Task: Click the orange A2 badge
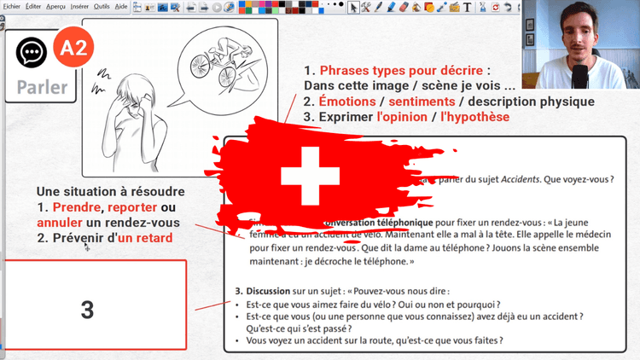point(73,49)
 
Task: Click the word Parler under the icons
point(41,87)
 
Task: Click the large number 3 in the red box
point(87,309)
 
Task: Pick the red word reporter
point(131,207)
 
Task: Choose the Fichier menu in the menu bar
point(12,6)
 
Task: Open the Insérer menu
point(80,6)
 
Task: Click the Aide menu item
point(121,6)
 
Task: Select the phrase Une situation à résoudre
point(110,192)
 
